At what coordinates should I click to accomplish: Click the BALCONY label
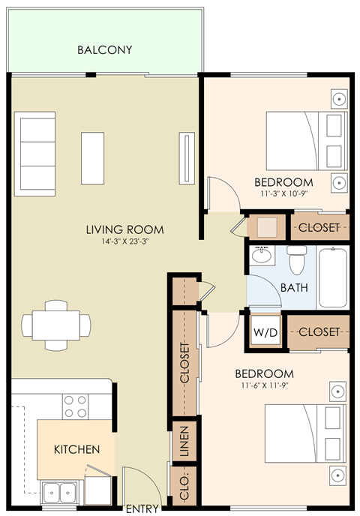pos(105,50)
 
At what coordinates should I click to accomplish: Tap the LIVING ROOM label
pos(124,229)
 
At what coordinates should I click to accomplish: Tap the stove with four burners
pos(75,406)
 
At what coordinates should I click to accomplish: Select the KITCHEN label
pos(76,450)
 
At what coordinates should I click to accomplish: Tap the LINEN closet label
pos(182,442)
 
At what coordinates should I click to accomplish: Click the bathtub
pos(333,278)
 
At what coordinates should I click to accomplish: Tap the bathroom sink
pos(262,256)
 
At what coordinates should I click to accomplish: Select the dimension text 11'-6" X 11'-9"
pos(263,385)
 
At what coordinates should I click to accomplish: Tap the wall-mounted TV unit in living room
pos(184,154)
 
